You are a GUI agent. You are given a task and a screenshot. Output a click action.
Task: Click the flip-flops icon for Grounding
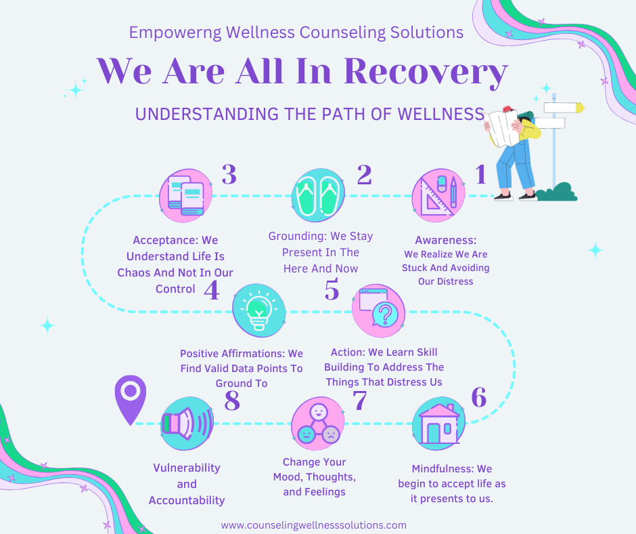pos(319,195)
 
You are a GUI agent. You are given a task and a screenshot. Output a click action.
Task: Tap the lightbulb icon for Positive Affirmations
pos(258,311)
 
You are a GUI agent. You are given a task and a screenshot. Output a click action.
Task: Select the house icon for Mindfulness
pos(439,424)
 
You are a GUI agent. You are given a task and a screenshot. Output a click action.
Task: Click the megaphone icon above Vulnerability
pos(187,424)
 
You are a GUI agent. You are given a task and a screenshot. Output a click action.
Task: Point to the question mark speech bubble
pos(378,311)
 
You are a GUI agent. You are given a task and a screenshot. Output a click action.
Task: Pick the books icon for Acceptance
pos(186,195)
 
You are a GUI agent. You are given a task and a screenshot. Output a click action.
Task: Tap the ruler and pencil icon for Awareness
pos(438,195)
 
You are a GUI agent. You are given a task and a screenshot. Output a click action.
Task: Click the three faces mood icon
pos(319,424)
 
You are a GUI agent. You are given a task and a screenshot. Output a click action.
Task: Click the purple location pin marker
pos(130,399)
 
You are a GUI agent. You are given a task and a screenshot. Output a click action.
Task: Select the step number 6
pos(478,397)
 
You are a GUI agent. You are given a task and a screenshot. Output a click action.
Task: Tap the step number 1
pos(480,174)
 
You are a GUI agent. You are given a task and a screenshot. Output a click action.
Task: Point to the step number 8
pos(232,400)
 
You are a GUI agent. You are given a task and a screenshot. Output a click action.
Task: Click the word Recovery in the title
pos(426,72)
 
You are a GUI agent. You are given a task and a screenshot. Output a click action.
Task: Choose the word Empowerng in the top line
pos(175,33)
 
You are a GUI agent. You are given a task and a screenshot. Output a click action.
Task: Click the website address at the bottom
pos(313,525)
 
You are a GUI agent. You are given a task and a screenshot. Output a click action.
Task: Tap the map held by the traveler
pos(502,127)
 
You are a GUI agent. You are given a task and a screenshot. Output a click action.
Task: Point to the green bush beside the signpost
pos(556,192)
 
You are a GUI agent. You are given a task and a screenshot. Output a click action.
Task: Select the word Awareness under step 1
pos(445,240)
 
